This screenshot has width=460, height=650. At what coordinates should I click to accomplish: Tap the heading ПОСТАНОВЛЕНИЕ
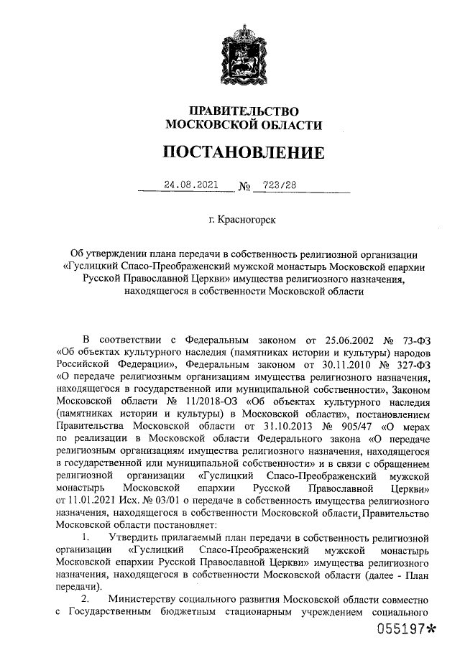click(244, 153)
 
